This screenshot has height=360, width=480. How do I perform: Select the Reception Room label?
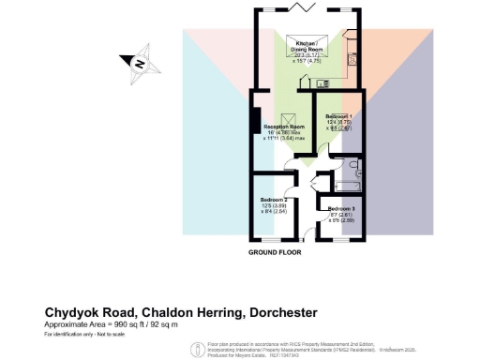[x=284, y=126]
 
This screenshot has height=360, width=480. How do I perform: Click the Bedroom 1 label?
[x=339, y=115]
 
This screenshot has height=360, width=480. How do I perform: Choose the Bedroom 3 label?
[x=341, y=209]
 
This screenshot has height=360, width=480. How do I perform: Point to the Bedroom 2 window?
[x=272, y=241]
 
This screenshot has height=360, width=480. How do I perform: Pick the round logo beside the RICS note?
[x=195, y=349]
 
